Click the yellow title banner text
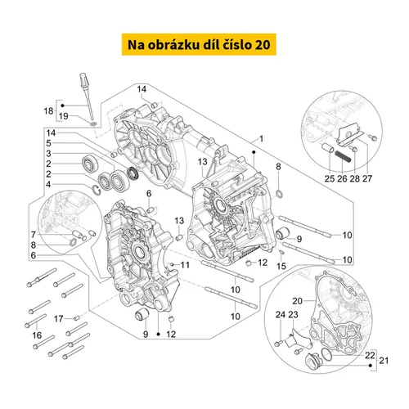[199, 45]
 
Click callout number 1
[261, 139]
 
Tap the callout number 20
[298, 301]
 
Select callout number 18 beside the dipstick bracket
[49, 111]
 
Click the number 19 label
[64, 116]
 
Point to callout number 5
[48, 143]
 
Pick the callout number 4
[48, 185]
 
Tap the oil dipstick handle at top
[83, 80]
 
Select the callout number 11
[185, 265]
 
